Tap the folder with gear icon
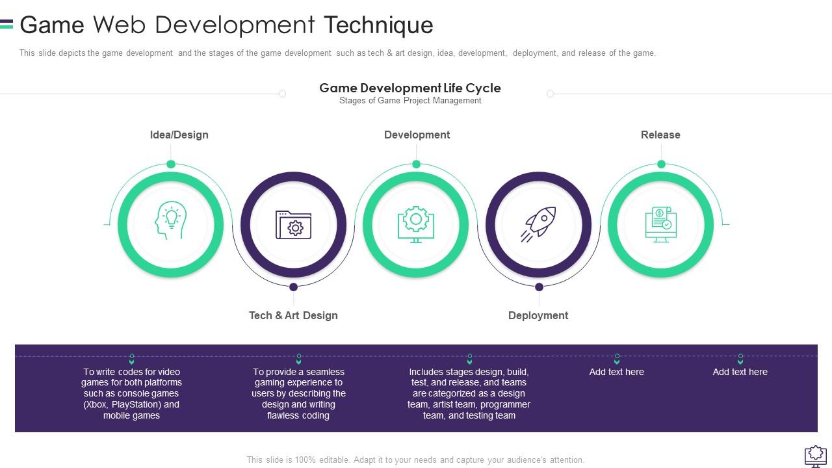294,224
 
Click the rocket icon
538,224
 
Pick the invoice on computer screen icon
660,224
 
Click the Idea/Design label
179,135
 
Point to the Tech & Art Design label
293,315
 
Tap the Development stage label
417,135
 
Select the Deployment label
538,315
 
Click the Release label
660,135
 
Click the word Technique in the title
378,25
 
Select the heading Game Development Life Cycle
410,88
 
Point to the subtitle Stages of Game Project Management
410,101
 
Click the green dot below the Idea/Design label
171,164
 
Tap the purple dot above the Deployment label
539,287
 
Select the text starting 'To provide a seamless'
298,393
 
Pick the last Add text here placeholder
740,372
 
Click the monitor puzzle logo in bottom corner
816,456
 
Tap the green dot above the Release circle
661,164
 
